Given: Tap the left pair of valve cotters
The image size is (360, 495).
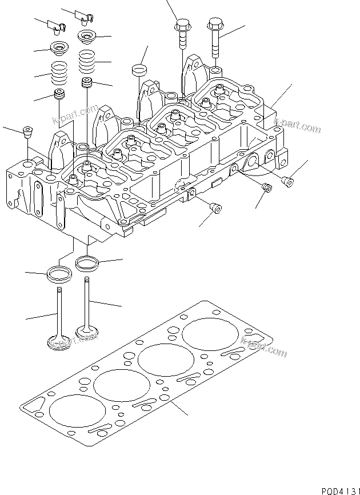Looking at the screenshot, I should tap(56, 25).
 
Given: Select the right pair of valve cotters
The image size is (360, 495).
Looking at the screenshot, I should tap(86, 18).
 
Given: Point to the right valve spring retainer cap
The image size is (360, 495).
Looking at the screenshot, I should tap(87, 38).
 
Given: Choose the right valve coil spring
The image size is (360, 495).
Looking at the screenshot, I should tap(87, 59).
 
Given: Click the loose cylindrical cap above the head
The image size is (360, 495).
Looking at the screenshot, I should tap(139, 70).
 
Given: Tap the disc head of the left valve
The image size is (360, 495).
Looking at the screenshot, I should tap(58, 342).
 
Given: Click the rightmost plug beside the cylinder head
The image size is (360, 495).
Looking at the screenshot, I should tap(289, 182).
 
